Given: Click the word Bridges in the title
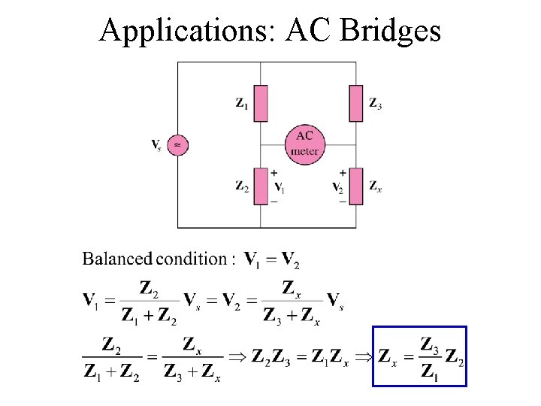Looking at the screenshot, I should tap(390, 30).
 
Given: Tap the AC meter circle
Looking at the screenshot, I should tap(304, 143).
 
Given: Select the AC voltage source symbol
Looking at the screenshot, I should tap(177, 144).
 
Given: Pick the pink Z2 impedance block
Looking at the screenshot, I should tap(261, 186).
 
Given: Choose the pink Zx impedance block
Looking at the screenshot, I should tap(356, 186).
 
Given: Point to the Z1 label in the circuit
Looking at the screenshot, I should tap(242, 104).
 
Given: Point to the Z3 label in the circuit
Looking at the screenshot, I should tap(375, 104).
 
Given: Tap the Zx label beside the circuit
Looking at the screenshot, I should tap(375, 186).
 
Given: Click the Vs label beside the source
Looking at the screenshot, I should tap(156, 144).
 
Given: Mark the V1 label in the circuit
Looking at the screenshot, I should tap(279, 187).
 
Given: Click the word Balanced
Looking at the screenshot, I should tap(116, 259).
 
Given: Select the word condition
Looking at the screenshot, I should tap(192, 259).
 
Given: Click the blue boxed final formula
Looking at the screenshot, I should tap(420, 356).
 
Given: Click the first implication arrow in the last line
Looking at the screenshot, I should tap(238, 356).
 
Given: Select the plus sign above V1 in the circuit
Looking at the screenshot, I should tap(274, 173).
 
